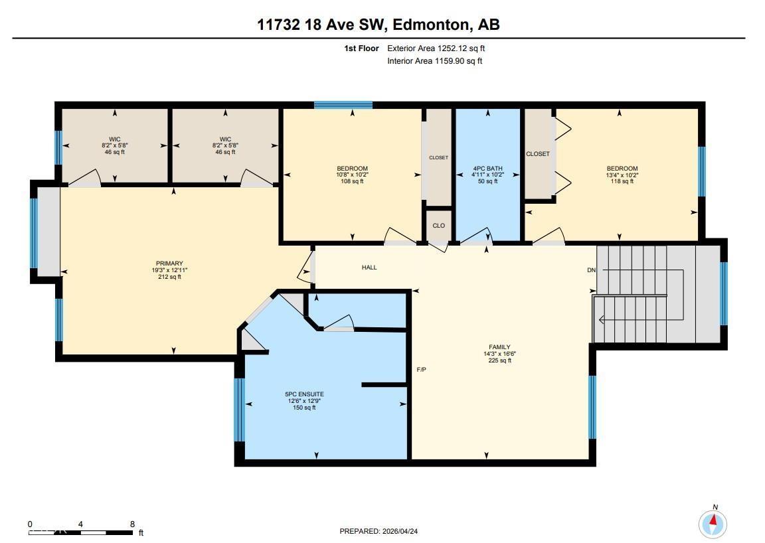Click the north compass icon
[x=713, y=524]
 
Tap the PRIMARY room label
[x=166, y=264]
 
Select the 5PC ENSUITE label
[x=305, y=394]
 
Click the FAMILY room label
[x=499, y=347]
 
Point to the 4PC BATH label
[x=487, y=169]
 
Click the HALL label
[x=369, y=268]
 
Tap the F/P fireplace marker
[x=421, y=369]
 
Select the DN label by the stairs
[x=591, y=270]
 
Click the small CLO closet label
[x=438, y=226]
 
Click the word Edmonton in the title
[x=428, y=25]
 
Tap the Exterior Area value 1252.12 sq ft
[x=466, y=48]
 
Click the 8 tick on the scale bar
[x=133, y=524]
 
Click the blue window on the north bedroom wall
[x=343, y=105]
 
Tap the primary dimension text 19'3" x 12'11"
[x=166, y=270]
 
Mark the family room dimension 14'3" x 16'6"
[x=499, y=354]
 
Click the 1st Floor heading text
[x=361, y=48]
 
